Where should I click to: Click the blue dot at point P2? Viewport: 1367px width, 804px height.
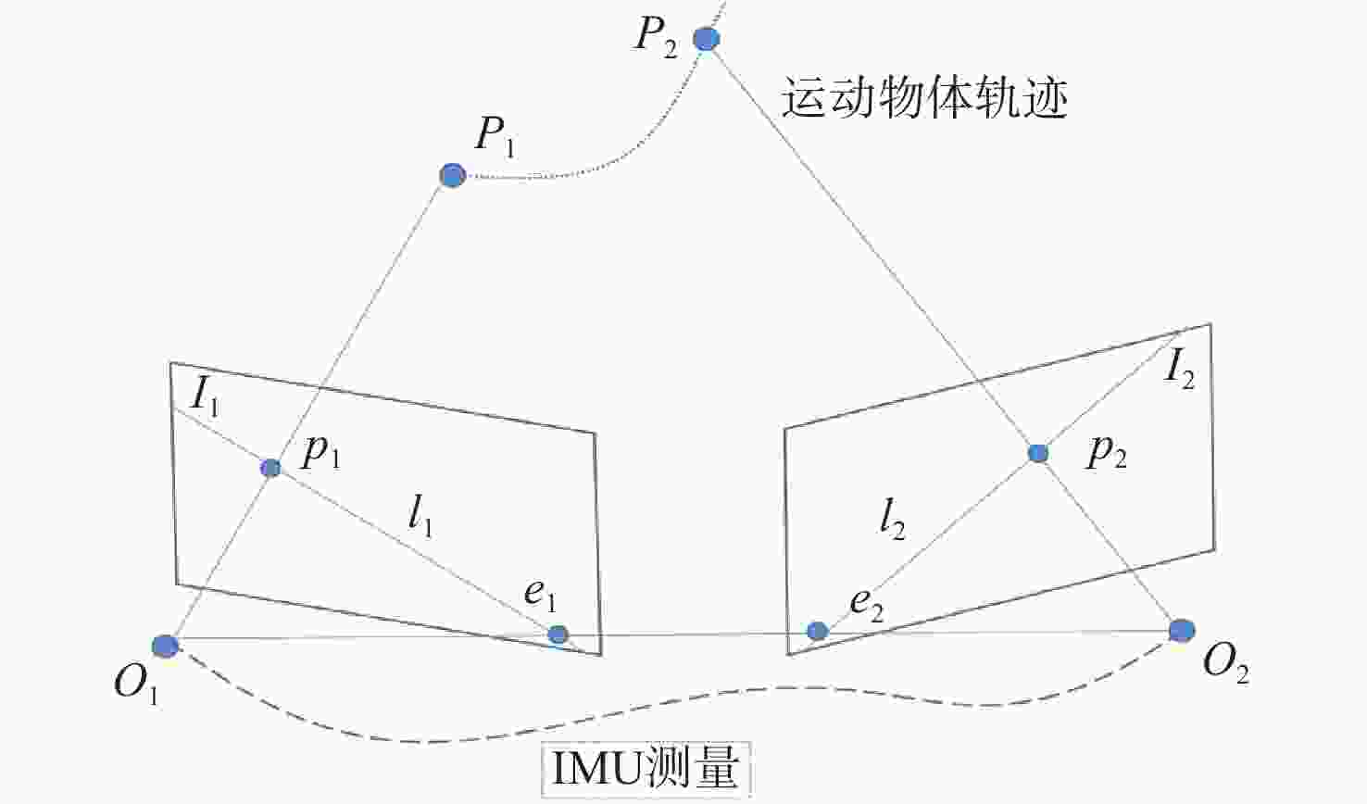[707, 39]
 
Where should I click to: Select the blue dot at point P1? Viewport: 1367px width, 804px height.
[452, 175]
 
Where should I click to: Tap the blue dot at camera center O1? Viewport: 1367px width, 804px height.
[165, 646]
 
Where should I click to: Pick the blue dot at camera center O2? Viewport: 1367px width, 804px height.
[1182, 630]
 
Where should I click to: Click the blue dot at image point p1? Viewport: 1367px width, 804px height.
[270, 468]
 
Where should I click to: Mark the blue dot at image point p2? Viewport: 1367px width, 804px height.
[1038, 453]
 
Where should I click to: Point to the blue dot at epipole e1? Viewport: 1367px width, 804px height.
[558, 634]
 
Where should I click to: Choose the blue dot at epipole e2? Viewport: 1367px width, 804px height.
[817, 631]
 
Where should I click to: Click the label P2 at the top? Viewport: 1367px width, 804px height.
[656, 37]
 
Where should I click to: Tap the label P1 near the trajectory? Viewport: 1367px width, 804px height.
[495, 137]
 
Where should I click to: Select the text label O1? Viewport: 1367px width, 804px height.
[137, 684]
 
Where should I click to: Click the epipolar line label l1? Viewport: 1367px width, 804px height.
[420, 519]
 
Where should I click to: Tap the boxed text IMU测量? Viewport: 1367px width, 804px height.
[646, 769]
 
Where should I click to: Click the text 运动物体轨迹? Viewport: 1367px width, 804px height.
[924, 97]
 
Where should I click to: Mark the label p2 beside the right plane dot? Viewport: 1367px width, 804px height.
[1107, 455]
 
